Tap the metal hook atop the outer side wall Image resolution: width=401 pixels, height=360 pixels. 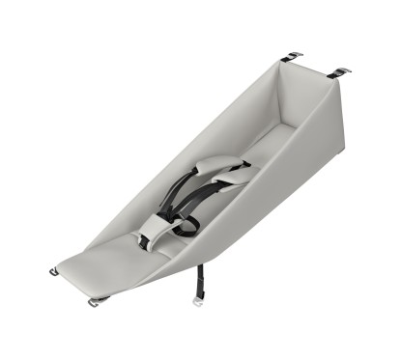[338, 72]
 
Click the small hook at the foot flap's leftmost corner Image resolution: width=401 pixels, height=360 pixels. [54, 271]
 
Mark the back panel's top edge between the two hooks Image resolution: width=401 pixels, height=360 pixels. [315, 66]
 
